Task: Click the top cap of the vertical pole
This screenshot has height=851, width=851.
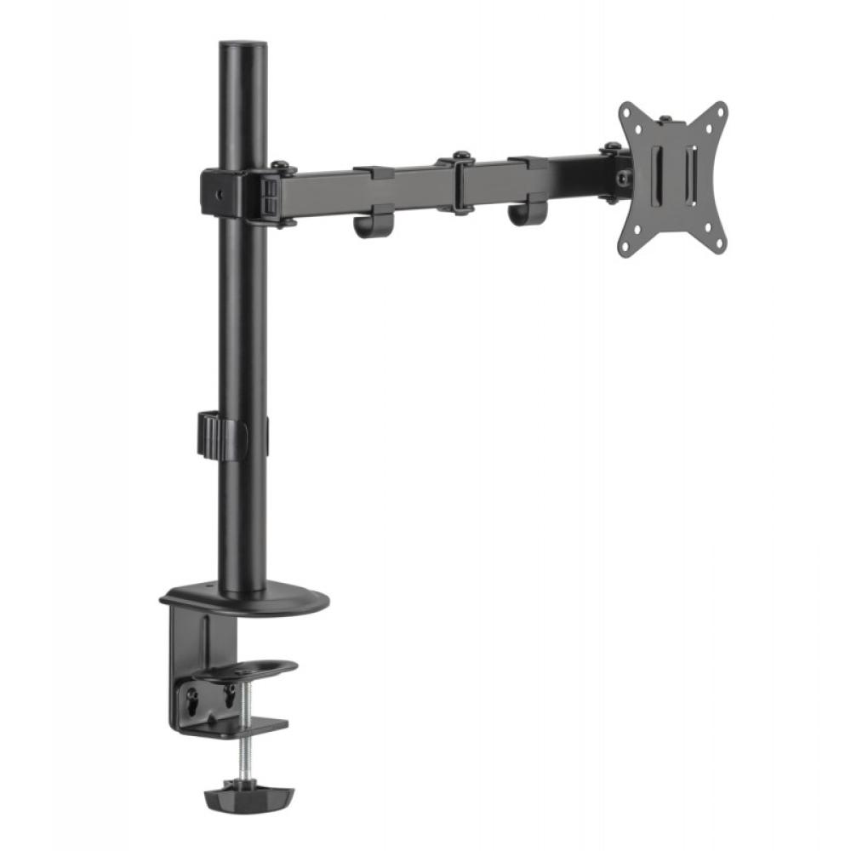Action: click(x=243, y=46)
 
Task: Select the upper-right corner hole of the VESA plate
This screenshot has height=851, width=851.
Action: click(x=719, y=111)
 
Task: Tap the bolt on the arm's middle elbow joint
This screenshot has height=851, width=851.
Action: click(x=460, y=157)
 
